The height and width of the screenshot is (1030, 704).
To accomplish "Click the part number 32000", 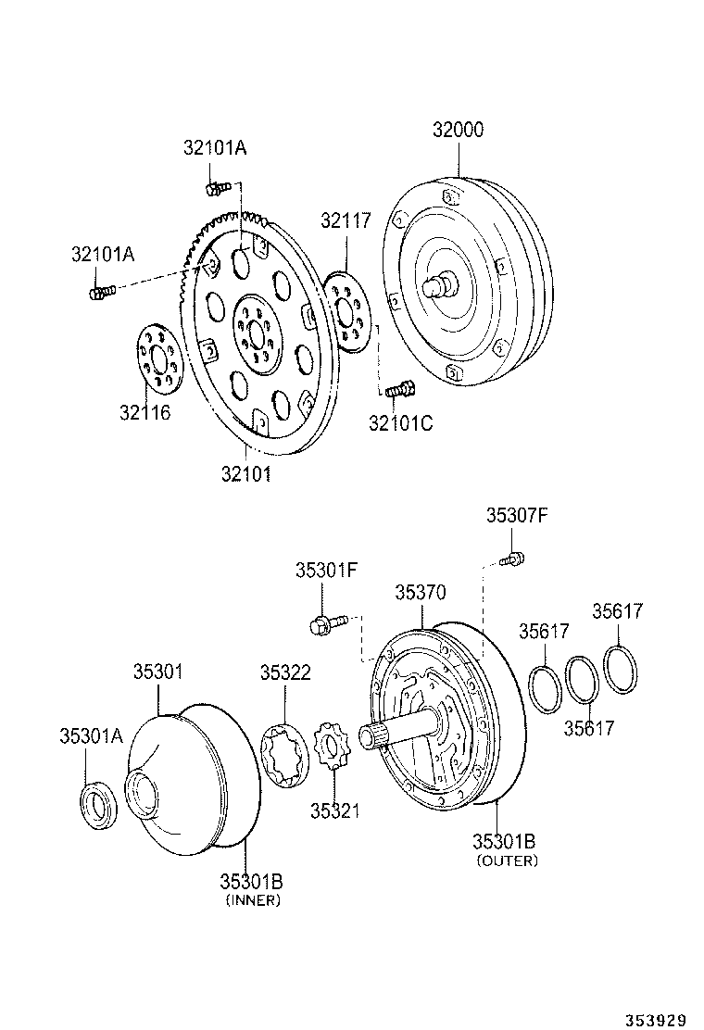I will tap(458, 130).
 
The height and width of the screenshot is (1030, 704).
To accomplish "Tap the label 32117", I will tap(346, 220).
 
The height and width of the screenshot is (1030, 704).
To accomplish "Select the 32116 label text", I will tap(145, 412).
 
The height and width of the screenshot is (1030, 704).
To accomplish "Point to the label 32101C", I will tap(400, 423).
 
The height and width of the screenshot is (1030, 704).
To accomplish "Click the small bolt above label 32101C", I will tap(397, 390).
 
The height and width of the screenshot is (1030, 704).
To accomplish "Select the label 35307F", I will tap(517, 516).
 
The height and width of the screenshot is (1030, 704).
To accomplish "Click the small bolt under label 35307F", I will tap(512, 558).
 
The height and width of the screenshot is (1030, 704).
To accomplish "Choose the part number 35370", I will tap(421, 592).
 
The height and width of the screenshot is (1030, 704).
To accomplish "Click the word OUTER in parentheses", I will tap(507, 860).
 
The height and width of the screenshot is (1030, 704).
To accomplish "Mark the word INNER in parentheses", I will tap(252, 900).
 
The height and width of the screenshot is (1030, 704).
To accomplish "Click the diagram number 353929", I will tap(654, 1019).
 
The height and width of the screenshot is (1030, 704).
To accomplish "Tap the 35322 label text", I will tap(285, 672).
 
